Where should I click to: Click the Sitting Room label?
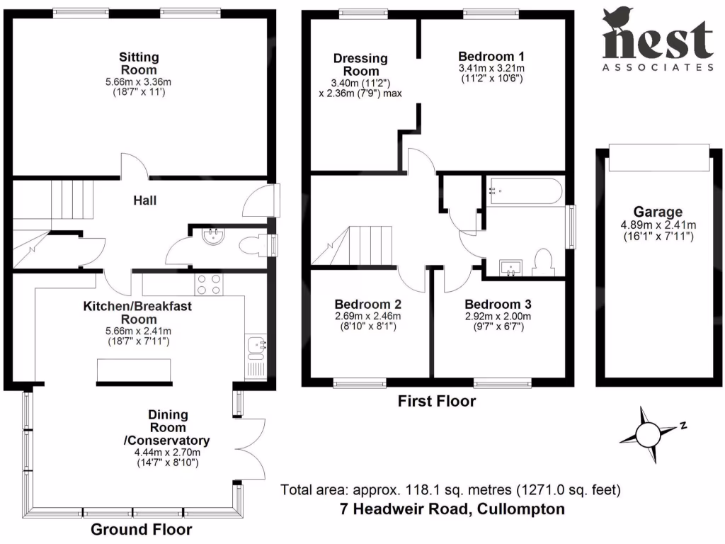(x=139, y=63)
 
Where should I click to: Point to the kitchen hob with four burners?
(x=207, y=283)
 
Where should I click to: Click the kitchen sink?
(x=256, y=346)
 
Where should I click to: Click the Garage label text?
(x=658, y=211)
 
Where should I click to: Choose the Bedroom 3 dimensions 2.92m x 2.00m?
(x=498, y=316)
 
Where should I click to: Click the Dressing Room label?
(x=360, y=64)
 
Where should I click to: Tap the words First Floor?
(x=436, y=402)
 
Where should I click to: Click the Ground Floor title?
(x=141, y=529)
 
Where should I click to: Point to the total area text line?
(x=450, y=489)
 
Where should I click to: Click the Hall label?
(x=144, y=200)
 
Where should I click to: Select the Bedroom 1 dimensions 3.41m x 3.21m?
(x=491, y=68)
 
